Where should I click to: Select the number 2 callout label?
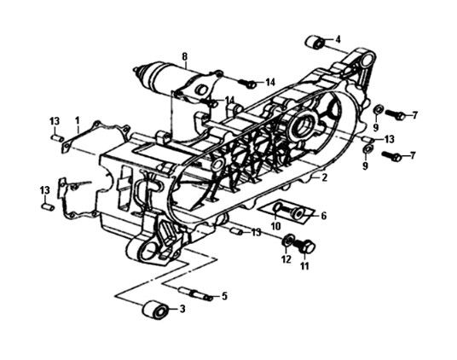(x=324, y=177)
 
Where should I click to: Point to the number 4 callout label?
(x=338, y=39)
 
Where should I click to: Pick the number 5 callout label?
(x=224, y=296)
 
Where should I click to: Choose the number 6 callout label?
(x=323, y=216)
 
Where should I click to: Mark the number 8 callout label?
(x=183, y=57)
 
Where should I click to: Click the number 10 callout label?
(x=275, y=226)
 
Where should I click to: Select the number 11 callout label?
(x=303, y=266)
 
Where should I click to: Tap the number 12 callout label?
(x=286, y=259)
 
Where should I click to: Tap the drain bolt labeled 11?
(x=307, y=246)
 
